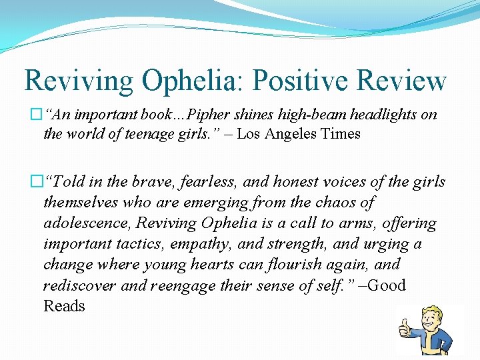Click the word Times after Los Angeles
click(340, 134)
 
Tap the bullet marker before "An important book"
click(37, 115)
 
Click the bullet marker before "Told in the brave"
click(37, 182)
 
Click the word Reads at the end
click(64, 306)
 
